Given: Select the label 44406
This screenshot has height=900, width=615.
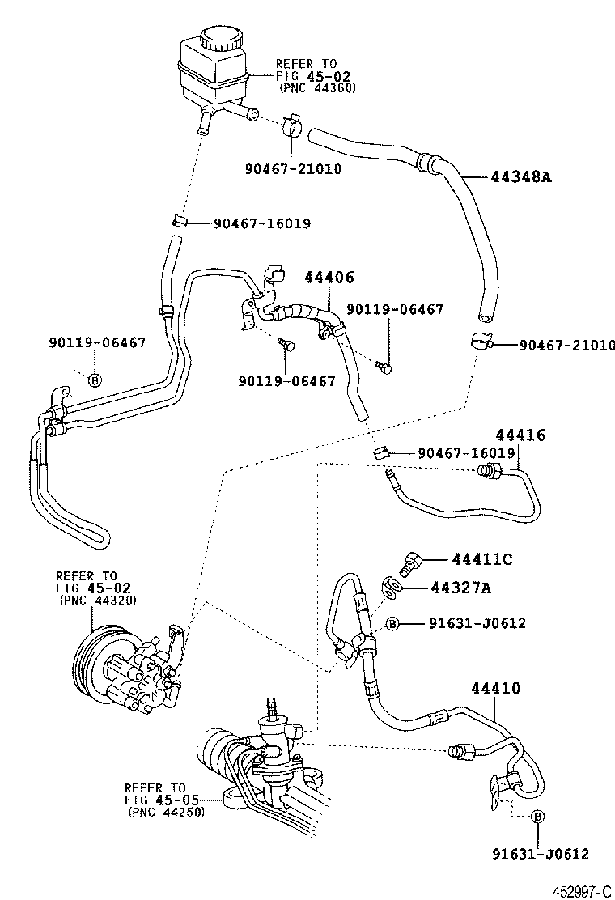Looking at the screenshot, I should [x=329, y=278].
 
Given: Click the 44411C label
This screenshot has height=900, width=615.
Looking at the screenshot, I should [x=482, y=559].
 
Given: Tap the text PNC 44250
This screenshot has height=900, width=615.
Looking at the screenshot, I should [x=166, y=812].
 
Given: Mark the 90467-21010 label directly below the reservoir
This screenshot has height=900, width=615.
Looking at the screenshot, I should [x=292, y=169].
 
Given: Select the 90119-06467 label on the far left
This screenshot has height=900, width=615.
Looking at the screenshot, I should [x=96, y=342].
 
